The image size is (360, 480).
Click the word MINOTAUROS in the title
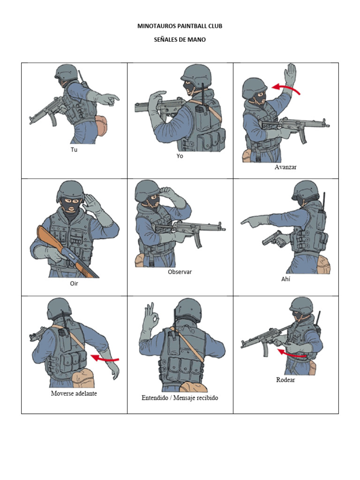(x=154, y=26)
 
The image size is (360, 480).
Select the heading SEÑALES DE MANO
(x=180, y=39)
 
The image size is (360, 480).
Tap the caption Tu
(x=74, y=150)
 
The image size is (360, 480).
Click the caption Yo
(x=180, y=156)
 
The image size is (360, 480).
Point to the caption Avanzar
(x=285, y=167)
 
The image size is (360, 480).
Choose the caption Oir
(x=74, y=284)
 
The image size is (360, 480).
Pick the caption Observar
(x=180, y=272)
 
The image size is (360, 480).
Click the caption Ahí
(x=285, y=279)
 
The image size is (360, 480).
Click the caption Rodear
(x=285, y=380)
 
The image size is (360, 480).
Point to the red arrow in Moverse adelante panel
(x=105, y=358)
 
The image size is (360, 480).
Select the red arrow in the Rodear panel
(x=292, y=354)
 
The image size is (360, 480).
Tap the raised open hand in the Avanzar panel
(x=290, y=74)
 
